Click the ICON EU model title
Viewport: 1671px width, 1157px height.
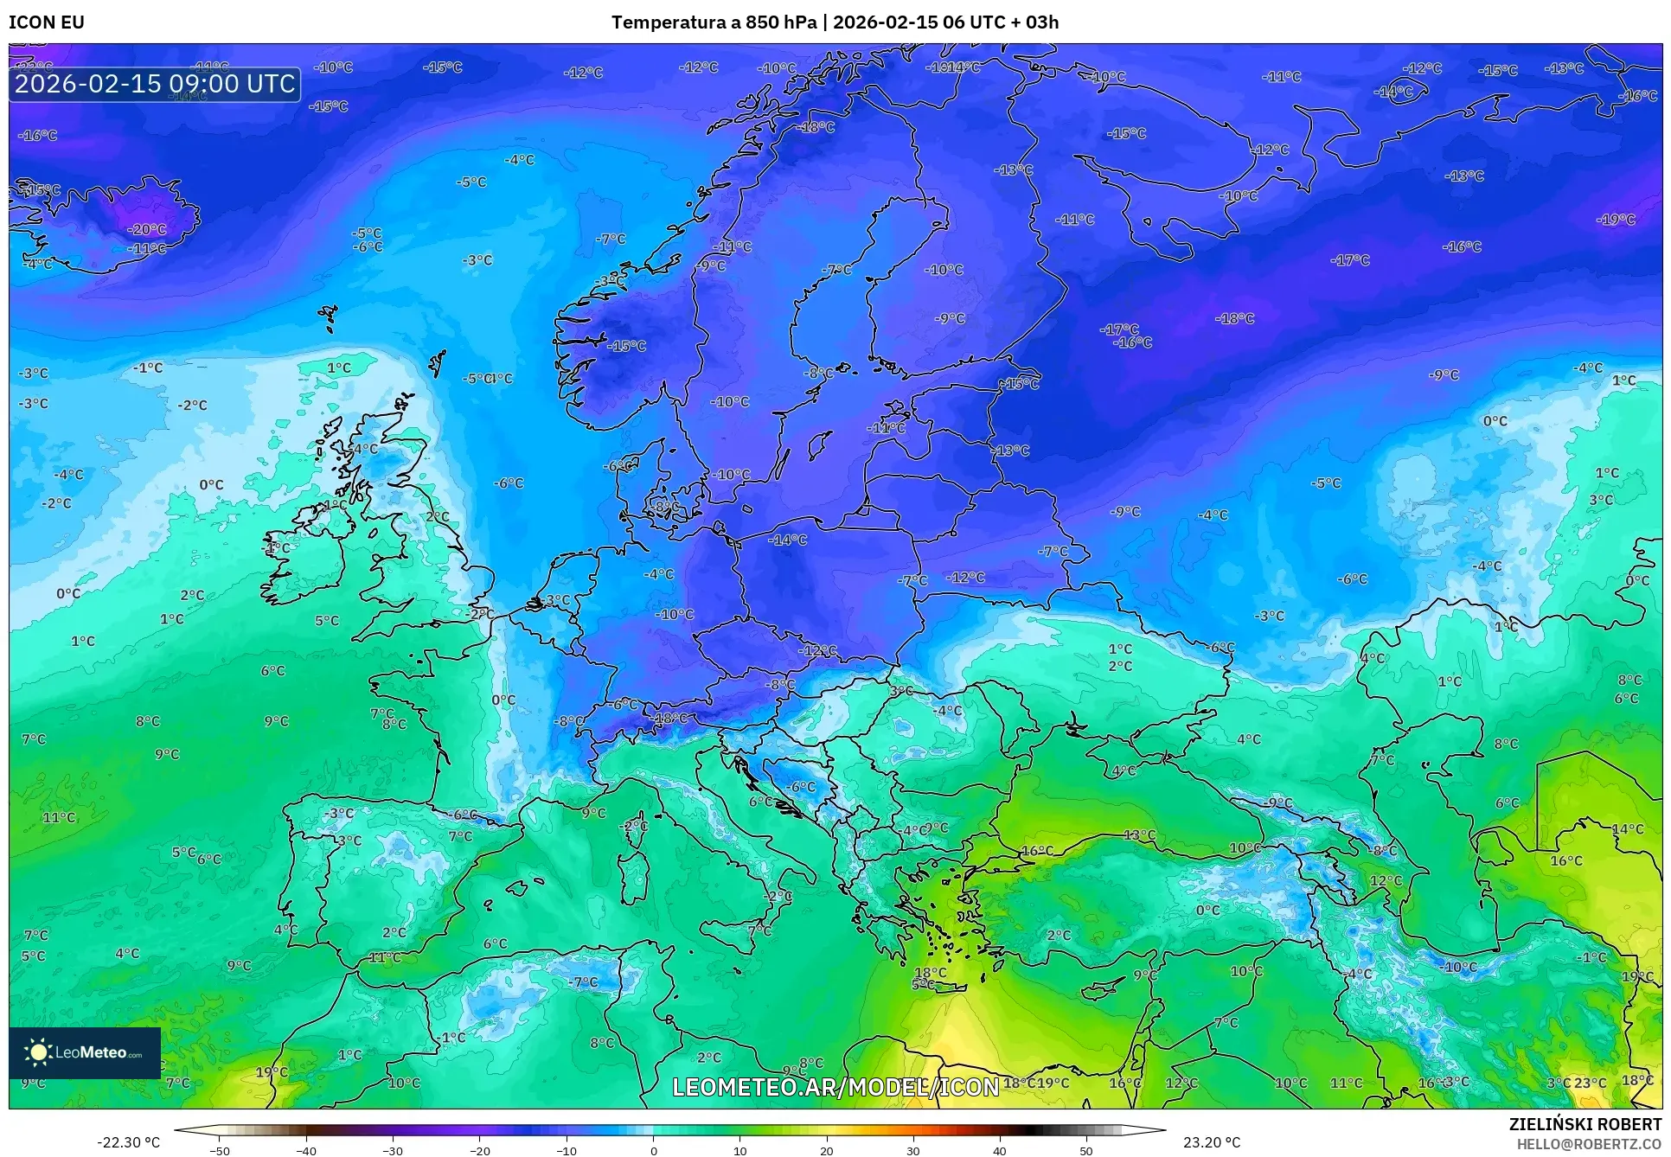point(47,22)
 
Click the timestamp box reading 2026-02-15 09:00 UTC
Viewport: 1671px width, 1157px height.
point(155,84)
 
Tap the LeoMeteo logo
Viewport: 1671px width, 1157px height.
point(85,1052)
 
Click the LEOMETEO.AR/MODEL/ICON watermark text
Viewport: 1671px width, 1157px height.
point(835,1087)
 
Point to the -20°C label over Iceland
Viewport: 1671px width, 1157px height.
point(147,230)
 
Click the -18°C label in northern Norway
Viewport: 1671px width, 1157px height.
point(816,127)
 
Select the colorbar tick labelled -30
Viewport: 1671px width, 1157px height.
point(393,1150)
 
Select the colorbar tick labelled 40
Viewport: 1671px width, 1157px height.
point(999,1150)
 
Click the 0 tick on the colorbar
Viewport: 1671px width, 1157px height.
point(653,1150)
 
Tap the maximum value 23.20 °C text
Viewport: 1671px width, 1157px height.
point(1212,1142)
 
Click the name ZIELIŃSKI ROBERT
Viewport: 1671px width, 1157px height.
point(1585,1124)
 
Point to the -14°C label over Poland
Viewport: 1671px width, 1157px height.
point(787,540)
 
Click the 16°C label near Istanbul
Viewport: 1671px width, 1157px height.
point(1037,852)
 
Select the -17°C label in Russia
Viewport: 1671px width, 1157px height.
point(1350,260)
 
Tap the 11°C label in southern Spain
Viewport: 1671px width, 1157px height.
point(385,958)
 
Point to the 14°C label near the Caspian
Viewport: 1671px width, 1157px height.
point(1627,829)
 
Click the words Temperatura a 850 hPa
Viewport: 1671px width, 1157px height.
point(714,22)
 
